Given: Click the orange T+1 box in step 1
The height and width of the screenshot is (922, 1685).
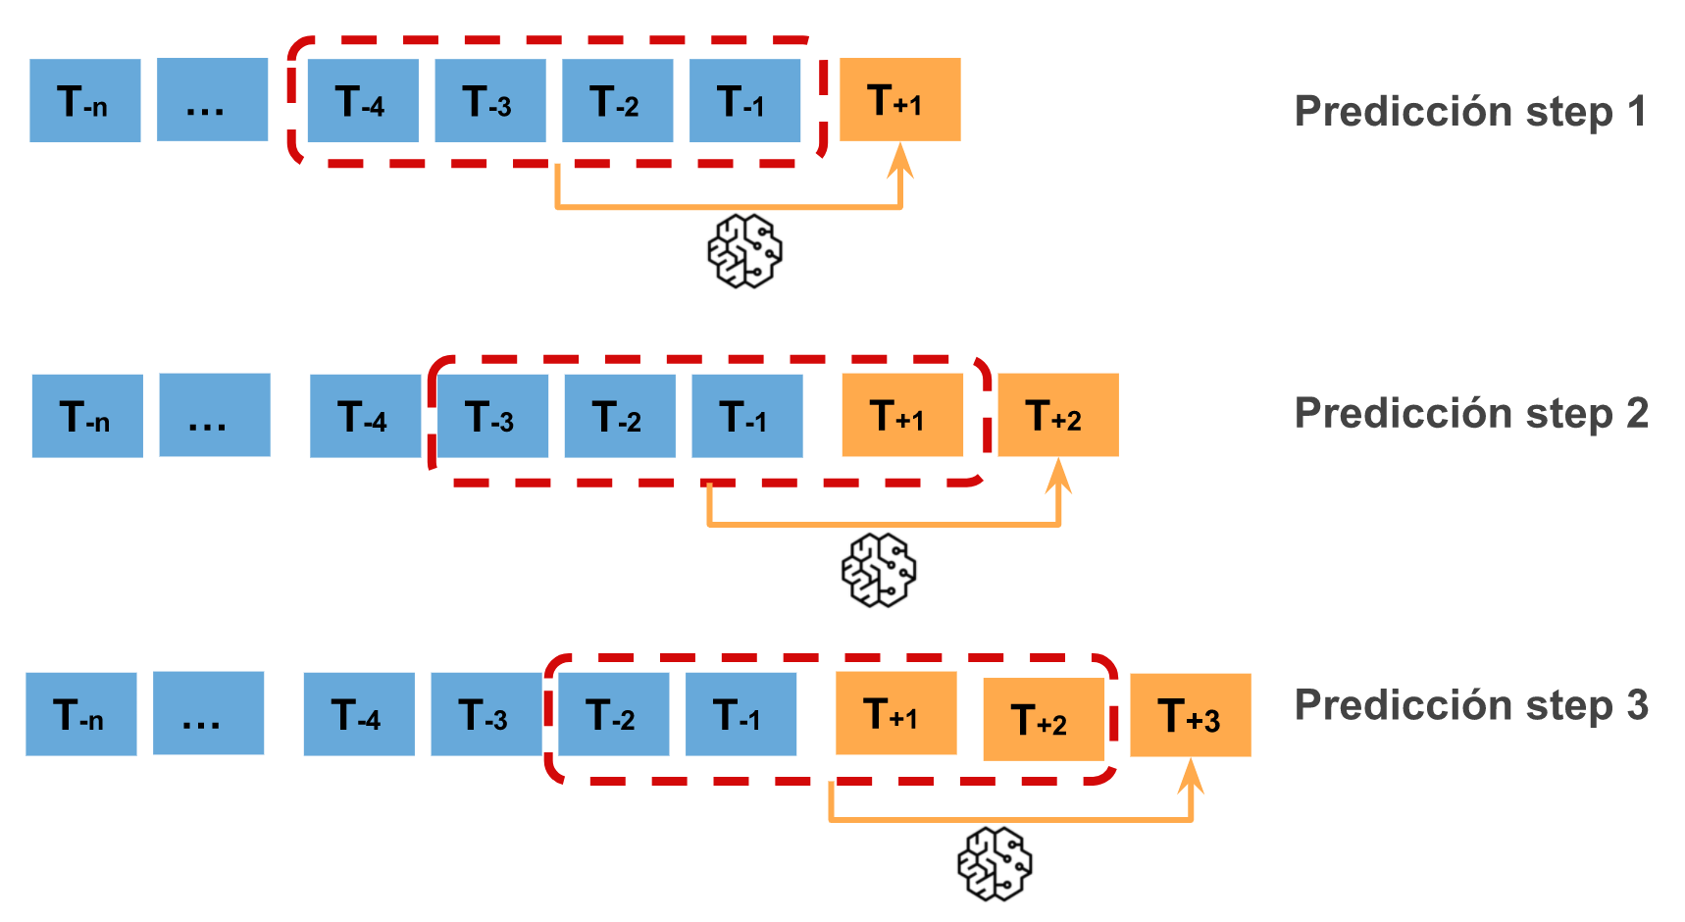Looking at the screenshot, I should click(x=899, y=100).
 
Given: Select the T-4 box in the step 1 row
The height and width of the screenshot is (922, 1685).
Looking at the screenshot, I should click(x=363, y=101).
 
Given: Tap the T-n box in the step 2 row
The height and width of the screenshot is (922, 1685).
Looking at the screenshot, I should click(x=87, y=416).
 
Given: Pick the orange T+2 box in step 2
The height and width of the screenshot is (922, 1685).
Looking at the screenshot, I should click(x=1057, y=415).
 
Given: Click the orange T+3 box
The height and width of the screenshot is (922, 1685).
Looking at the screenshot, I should click(x=1190, y=715).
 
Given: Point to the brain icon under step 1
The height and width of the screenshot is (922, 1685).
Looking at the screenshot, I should click(x=744, y=252).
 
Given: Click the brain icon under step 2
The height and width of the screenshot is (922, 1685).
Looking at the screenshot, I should click(x=879, y=570).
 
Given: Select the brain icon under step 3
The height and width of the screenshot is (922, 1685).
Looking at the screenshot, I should click(x=995, y=864).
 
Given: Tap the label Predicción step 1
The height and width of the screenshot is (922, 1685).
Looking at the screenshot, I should click(x=1469, y=112).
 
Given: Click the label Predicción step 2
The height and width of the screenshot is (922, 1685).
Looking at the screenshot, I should click(x=1470, y=414).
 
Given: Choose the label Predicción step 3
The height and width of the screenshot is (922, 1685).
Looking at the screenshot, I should click(x=1470, y=705).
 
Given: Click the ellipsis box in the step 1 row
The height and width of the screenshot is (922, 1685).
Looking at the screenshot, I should click(x=212, y=100).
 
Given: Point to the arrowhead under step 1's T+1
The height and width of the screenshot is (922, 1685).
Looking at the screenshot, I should click(x=900, y=160).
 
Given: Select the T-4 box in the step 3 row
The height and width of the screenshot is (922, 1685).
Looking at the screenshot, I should click(x=359, y=714).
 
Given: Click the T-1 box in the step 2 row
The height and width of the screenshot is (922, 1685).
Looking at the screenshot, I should click(x=747, y=416).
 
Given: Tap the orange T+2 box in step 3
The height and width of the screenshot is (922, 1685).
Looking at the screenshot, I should click(x=1043, y=720).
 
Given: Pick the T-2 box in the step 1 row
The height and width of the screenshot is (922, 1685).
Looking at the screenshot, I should click(x=617, y=101).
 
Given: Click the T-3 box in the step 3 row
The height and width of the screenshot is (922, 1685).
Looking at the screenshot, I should click(x=486, y=714).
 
